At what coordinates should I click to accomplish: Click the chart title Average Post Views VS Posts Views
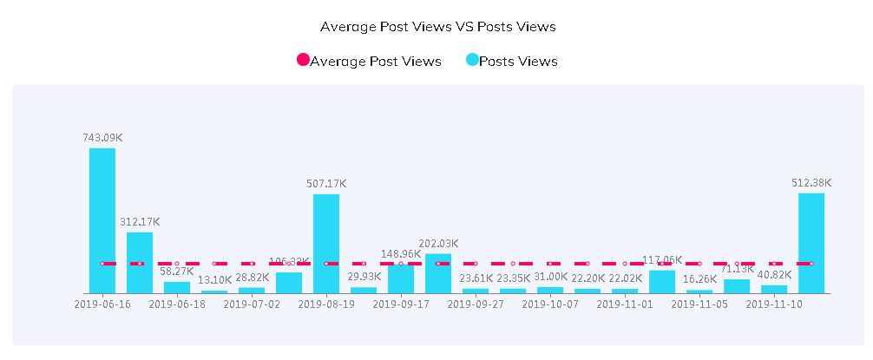[437, 27]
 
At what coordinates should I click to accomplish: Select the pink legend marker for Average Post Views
[303, 61]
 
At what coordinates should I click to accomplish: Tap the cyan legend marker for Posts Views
[472, 61]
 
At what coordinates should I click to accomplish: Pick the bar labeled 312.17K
[140, 262]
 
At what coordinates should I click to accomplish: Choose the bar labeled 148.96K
[401, 278]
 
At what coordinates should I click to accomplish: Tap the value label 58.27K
[177, 272]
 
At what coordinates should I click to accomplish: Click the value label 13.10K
[214, 280]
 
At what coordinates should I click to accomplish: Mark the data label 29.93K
[364, 277]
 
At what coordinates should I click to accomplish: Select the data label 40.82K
[774, 275]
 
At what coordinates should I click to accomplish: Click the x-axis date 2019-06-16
[102, 304]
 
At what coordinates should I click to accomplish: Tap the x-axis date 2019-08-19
[326, 304]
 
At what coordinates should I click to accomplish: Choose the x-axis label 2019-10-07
[550, 304]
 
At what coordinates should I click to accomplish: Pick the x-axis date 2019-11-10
[774, 304]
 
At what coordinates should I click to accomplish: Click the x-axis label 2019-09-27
[476, 304]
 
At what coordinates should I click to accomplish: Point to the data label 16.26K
[699, 279]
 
